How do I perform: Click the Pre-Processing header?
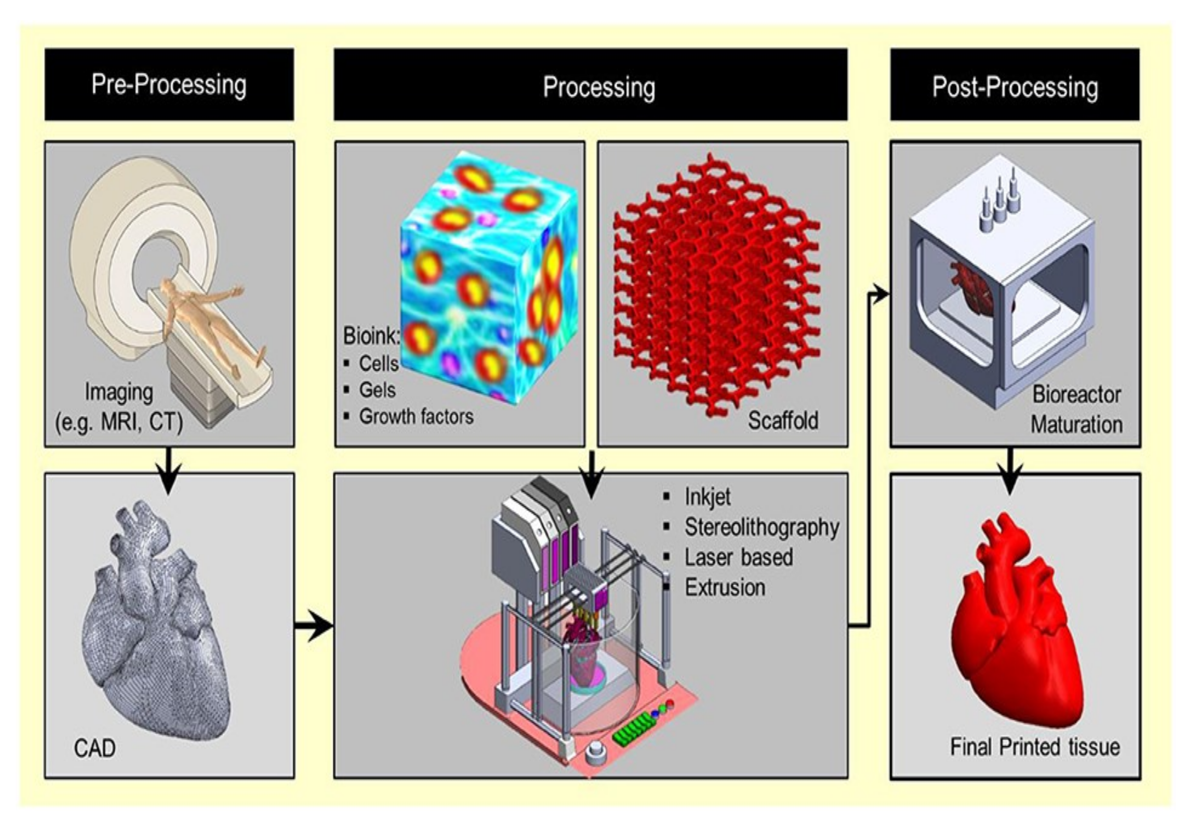tap(169, 85)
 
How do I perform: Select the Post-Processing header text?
tap(1015, 87)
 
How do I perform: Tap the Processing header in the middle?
tap(599, 87)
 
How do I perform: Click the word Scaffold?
tap(782, 421)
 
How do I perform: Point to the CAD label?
tap(95, 748)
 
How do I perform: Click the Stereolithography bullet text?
tap(761, 527)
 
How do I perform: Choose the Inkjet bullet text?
tap(707, 497)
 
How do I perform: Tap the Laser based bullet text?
tap(738, 558)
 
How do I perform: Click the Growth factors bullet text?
tap(416, 417)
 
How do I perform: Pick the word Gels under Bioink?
tap(377, 390)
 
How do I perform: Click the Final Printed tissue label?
tap(1035, 747)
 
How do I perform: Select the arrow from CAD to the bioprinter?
tap(314, 626)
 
